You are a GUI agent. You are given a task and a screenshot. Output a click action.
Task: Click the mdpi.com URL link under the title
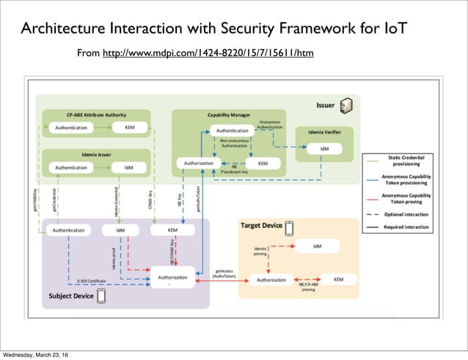coord(208,54)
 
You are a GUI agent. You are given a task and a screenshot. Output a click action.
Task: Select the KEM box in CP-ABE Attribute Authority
coord(128,128)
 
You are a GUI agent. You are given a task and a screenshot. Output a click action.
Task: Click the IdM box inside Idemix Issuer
coord(128,167)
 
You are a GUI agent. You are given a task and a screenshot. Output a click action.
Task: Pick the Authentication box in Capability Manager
coord(232,130)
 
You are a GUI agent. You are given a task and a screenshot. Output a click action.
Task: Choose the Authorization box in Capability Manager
coord(198,163)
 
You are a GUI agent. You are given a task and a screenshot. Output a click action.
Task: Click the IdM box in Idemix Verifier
coord(324,148)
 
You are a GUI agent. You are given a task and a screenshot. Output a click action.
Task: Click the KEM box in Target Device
coord(338,279)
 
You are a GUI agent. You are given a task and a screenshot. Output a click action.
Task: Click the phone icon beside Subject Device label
coord(100,296)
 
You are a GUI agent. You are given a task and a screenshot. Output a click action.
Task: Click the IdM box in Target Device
coord(317,246)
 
